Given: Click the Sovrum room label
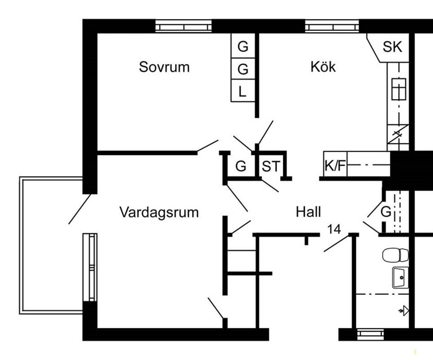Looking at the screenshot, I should point(164,67).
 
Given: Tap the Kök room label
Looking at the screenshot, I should point(323,67).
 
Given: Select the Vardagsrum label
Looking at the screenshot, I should point(159,212).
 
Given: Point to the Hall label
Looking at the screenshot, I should point(308,211).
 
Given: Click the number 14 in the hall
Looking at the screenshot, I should point(334,229).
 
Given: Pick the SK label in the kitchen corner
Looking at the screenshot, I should point(392,46).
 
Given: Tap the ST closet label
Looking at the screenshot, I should point(270,166).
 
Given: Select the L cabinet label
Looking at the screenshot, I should point(242,92).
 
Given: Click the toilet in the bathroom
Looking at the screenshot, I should point(395,255).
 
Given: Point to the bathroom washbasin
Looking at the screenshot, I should point(400,277).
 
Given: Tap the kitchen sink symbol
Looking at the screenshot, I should point(398,89).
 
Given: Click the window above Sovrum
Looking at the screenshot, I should point(183,27).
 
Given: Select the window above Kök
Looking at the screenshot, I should point(332,27).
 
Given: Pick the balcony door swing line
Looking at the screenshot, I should point(80,209).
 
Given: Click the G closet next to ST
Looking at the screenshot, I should point(241,166).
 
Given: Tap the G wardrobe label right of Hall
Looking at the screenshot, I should point(385,211).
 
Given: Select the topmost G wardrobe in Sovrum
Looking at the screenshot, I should point(243,46).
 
